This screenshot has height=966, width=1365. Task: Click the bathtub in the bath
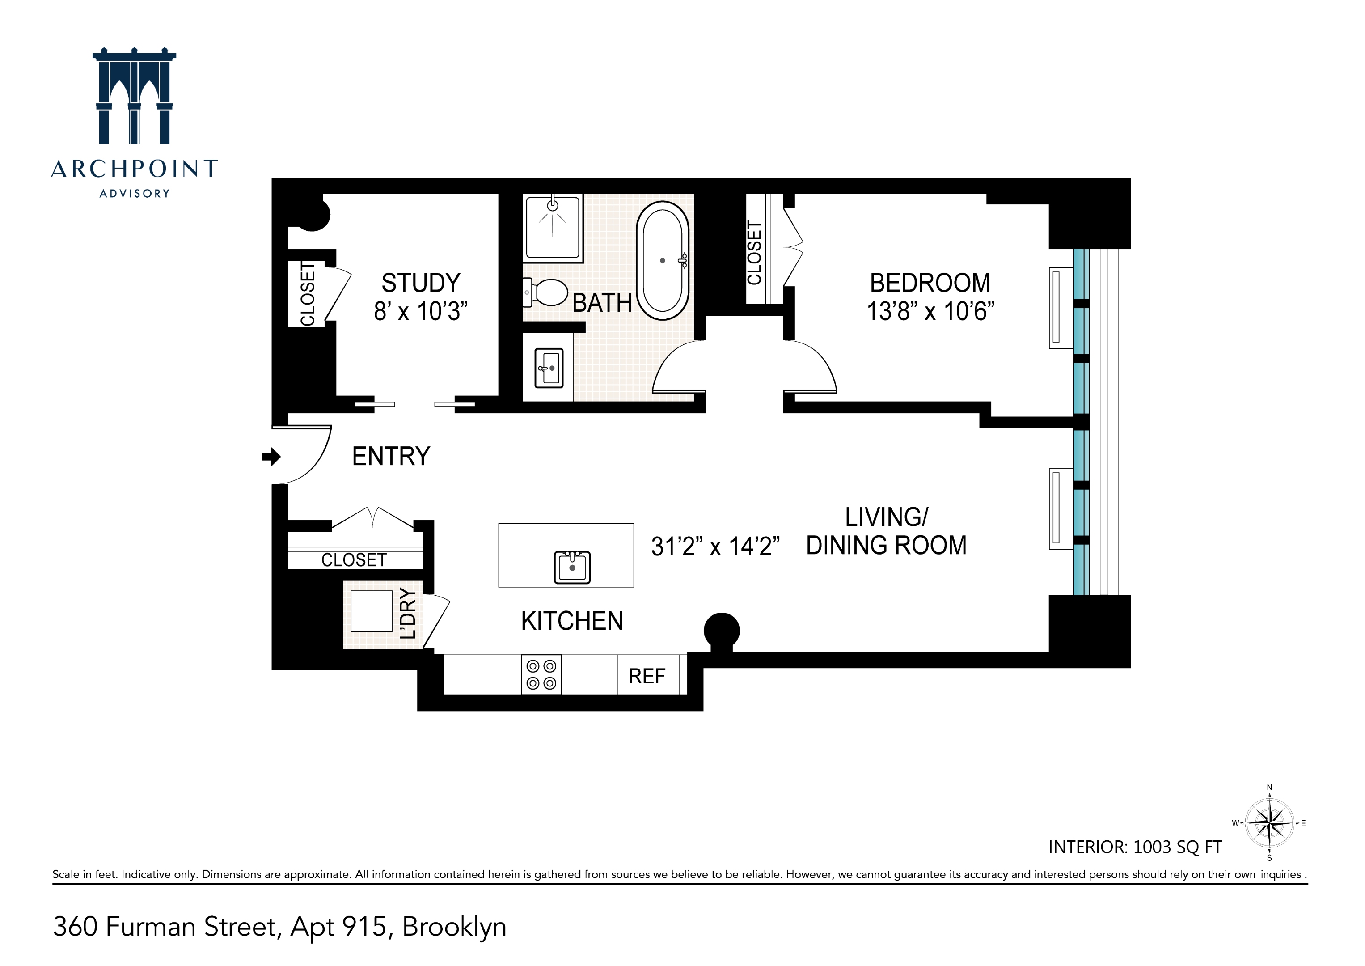click(x=662, y=261)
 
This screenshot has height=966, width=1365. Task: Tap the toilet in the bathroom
click(x=546, y=292)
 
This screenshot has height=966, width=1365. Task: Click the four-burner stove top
click(x=541, y=674)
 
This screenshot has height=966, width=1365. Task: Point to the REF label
click(x=647, y=676)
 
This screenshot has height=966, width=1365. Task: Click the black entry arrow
click(x=271, y=457)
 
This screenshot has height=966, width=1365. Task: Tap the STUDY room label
click(x=420, y=283)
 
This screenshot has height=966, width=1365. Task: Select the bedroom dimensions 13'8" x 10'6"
click(x=930, y=311)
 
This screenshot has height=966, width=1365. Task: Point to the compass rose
click(x=1269, y=824)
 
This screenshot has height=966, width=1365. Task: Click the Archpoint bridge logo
click(x=135, y=96)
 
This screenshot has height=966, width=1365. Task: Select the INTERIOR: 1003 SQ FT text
click(x=1134, y=847)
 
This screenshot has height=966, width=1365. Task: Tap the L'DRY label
click(x=408, y=613)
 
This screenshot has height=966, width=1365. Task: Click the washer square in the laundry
click(x=372, y=611)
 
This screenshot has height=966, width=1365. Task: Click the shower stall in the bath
click(x=552, y=227)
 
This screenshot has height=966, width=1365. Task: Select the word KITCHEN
click(x=572, y=621)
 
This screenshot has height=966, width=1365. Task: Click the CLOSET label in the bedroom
click(x=754, y=253)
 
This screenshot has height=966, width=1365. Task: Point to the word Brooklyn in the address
click(x=454, y=927)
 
